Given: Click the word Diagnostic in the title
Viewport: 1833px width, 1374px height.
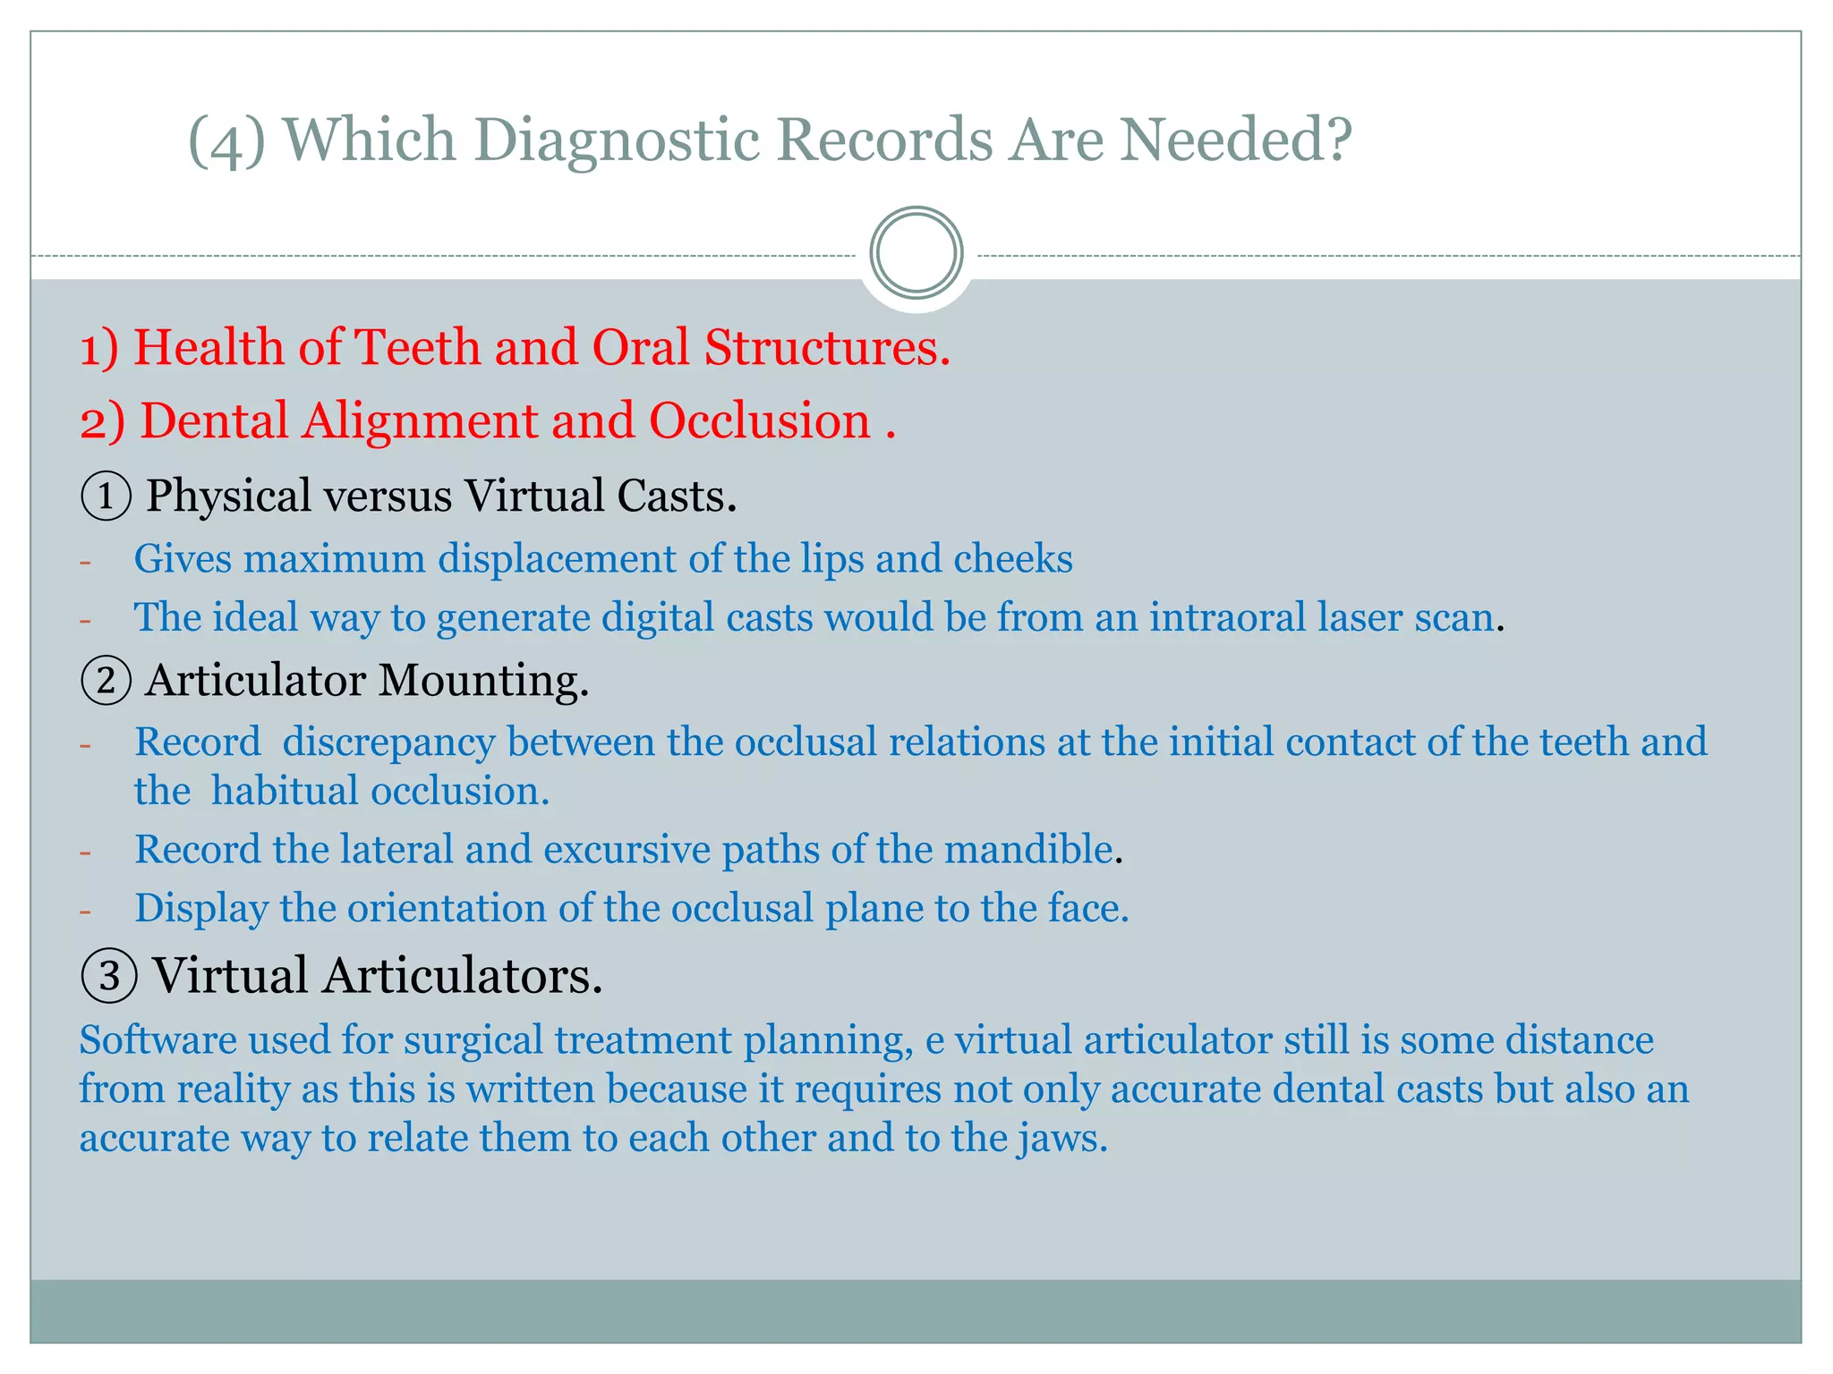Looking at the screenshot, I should pyautogui.click(x=614, y=140).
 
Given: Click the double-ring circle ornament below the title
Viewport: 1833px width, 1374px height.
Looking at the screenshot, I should pyautogui.click(x=916, y=253).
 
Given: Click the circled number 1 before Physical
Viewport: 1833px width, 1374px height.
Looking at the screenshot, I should pyautogui.click(x=106, y=496).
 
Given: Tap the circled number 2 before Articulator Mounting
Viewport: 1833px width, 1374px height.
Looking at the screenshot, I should pyautogui.click(x=106, y=681).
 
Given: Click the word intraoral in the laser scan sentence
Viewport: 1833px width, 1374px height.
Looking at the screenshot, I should pyautogui.click(x=1228, y=617).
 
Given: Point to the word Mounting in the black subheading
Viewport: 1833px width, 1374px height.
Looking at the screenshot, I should pyautogui.click(x=483, y=681).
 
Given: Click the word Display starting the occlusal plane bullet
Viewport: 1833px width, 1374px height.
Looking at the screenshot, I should pyautogui.click(x=200, y=909).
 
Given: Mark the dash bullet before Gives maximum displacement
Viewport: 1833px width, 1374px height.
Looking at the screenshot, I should pyautogui.click(x=86, y=563).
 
